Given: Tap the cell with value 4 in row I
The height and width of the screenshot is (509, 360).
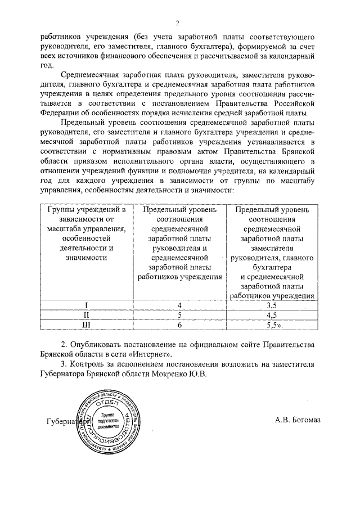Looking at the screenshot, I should [179, 305].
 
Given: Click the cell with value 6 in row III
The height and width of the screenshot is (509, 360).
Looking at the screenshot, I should [179, 325].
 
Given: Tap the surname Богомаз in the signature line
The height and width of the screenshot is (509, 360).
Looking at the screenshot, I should [304, 419].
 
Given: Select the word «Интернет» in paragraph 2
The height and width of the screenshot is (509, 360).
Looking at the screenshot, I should [152, 354].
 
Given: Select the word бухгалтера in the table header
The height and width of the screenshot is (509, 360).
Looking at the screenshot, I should [272, 267].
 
